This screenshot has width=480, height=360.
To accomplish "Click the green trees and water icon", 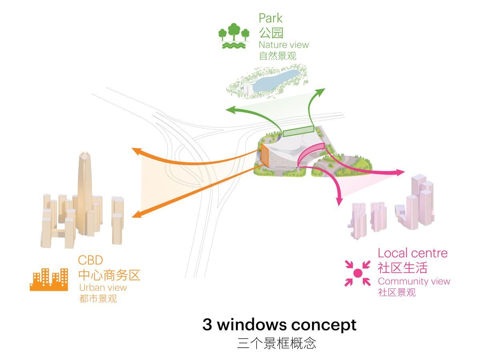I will pos(234,36).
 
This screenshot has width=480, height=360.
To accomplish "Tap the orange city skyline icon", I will pos(49,279).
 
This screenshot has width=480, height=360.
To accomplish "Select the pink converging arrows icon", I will pos(358,273).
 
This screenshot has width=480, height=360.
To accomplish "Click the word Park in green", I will pos(270,18).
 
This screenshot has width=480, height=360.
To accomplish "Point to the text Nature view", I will pos(284,45).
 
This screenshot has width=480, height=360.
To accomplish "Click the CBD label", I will pos(90,260).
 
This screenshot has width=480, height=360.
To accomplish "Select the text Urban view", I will pos(103,287).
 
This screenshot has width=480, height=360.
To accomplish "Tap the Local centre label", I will pos(412,253).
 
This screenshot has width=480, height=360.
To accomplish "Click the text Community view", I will pos(414,281).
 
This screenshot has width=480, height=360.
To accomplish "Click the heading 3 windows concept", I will pos(279,324).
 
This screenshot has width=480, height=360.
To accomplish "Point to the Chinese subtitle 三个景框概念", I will pos(276,343).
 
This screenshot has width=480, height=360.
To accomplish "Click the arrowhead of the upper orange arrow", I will pos(136,151).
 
